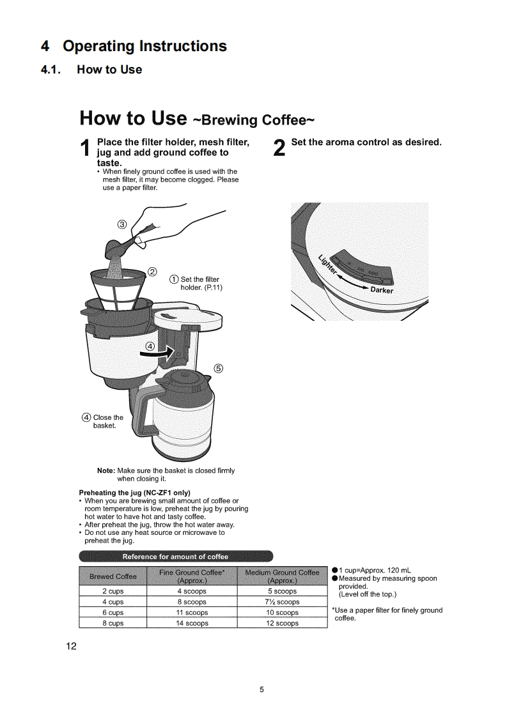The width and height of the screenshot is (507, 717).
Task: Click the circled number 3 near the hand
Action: pyautogui.click(x=123, y=223)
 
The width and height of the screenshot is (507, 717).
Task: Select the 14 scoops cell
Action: pyautogui.click(x=191, y=623)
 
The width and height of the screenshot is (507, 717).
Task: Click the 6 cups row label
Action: pyautogui.click(x=113, y=612)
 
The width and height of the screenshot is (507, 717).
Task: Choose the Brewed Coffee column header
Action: pyautogui.click(x=113, y=576)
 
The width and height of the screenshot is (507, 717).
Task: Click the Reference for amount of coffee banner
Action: pyautogui.click(x=175, y=555)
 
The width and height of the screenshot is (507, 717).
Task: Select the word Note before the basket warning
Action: pyautogui.click(x=105, y=470)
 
